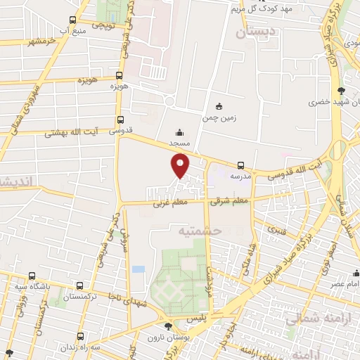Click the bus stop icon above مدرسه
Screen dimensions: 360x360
(241, 167)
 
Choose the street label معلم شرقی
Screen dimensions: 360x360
(230, 201)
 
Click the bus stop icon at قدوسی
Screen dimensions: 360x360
(120, 120)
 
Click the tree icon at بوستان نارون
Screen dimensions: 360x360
(167, 326)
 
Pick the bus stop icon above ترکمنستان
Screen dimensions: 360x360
(79, 286)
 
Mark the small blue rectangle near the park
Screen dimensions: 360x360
(138, 269)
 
